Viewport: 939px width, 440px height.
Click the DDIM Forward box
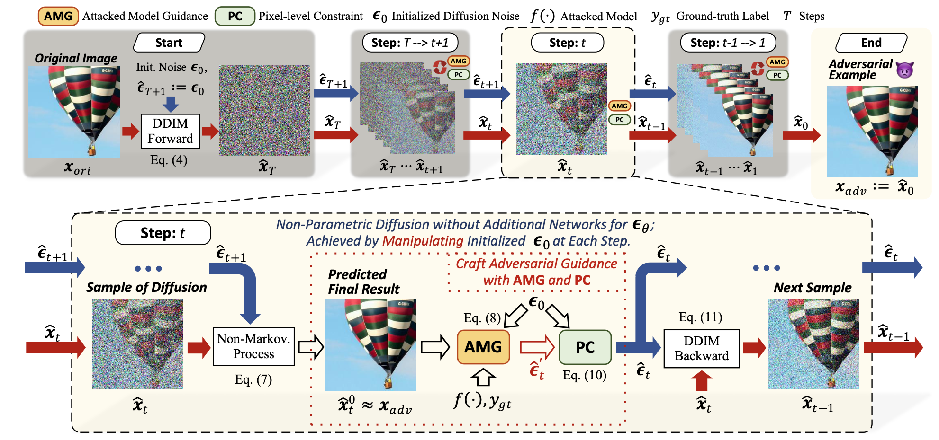(x=170, y=131)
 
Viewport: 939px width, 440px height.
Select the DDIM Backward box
(x=701, y=349)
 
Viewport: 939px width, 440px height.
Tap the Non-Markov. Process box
(x=253, y=346)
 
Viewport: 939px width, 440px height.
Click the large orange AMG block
(x=483, y=347)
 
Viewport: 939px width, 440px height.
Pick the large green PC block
(x=585, y=347)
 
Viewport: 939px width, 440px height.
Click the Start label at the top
(x=169, y=43)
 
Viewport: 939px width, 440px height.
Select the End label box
(x=871, y=43)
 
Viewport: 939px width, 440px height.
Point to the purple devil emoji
(x=904, y=70)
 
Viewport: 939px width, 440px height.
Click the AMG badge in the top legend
(x=58, y=16)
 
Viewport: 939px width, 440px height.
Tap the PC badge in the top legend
(x=235, y=16)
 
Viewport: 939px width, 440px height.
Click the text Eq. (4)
(x=169, y=160)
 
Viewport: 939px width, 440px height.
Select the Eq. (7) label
(x=253, y=379)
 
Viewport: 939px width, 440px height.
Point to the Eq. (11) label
(x=700, y=317)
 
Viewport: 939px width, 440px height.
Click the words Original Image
(x=76, y=58)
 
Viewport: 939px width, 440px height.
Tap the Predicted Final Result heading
(x=363, y=282)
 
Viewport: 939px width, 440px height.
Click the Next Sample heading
(x=812, y=288)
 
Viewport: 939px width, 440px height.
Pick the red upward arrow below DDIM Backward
(x=702, y=380)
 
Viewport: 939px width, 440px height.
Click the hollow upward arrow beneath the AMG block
(x=483, y=377)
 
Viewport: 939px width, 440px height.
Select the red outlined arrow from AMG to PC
(x=537, y=347)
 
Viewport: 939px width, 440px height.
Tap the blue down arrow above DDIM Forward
(x=171, y=104)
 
